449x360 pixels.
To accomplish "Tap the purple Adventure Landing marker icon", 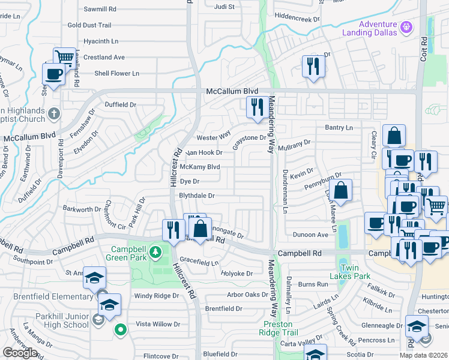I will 406,27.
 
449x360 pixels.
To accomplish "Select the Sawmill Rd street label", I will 100,10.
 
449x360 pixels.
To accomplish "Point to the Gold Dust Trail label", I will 89,25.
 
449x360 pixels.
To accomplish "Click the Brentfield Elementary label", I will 47,297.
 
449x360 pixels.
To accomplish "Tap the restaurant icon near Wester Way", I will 258,107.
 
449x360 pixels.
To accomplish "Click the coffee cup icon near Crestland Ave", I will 53,74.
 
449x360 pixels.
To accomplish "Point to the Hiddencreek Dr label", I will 297,18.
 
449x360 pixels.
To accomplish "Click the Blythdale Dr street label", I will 196,196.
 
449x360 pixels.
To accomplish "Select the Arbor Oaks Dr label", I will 247,295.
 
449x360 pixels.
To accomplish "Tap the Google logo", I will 20,352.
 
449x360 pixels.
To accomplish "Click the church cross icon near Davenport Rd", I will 53,112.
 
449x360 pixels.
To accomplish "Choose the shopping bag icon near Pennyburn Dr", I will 340,191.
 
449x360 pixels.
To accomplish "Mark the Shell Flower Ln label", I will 116,73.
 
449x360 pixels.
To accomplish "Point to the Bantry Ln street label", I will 339,128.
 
